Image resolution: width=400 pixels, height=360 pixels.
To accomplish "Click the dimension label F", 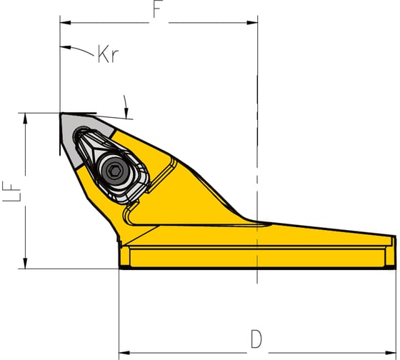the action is click(x=158, y=10).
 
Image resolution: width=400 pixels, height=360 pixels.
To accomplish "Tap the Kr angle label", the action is click(x=108, y=54).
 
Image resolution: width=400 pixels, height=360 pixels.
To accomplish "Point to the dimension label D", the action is click(x=256, y=339).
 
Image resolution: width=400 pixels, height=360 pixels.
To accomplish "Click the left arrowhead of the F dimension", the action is click(x=65, y=23).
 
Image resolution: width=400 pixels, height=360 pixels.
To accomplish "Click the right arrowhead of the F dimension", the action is click(x=252, y=23).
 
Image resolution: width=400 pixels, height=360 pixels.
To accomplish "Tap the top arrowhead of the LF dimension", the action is click(x=25, y=118).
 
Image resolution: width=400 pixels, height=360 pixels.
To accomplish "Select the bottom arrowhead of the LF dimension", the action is click(x=25, y=264).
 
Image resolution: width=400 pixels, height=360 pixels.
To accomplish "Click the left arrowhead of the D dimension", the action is click(x=124, y=353).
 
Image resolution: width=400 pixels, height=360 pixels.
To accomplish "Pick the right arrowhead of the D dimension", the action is click(x=391, y=353).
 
